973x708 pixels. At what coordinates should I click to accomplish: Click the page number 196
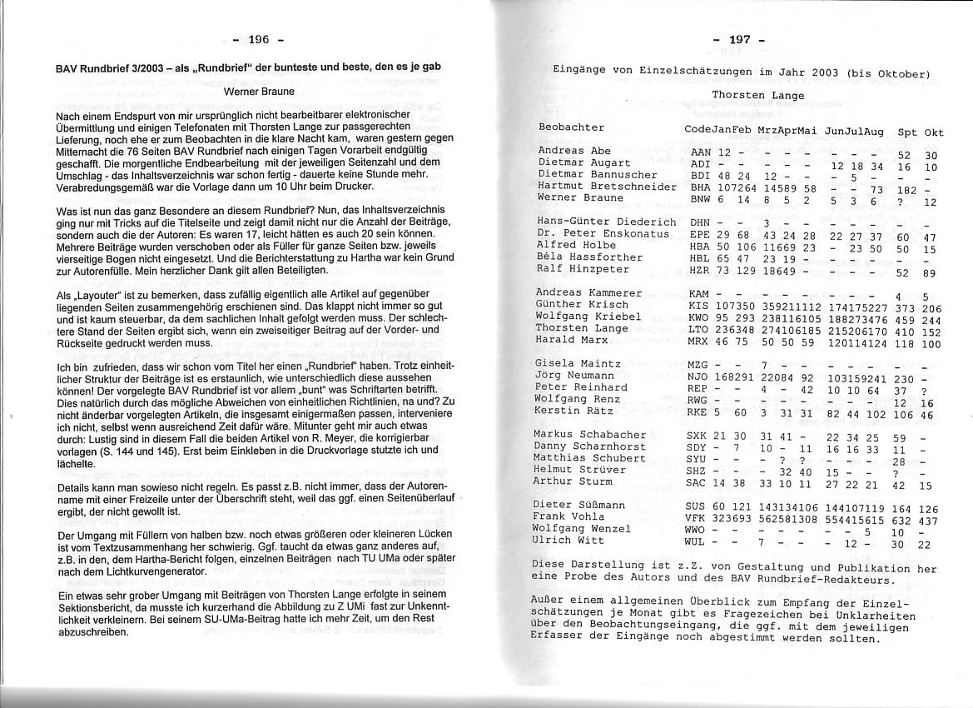[x=259, y=39]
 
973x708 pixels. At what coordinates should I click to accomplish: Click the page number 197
[x=739, y=40]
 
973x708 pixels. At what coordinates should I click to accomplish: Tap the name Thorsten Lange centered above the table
[x=757, y=96]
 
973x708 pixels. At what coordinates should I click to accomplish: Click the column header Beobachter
[x=571, y=127]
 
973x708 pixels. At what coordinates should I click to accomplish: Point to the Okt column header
[x=934, y=132]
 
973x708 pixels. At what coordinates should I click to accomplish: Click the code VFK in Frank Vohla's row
[x=694, y=518]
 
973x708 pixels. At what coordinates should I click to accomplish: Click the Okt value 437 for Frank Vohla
[x=928, y=521]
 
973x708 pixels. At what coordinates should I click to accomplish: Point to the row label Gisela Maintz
[x=578, y=363]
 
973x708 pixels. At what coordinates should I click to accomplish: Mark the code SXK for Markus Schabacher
[x=696, y=436]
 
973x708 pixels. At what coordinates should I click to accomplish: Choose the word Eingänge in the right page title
[x=579, y=71]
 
